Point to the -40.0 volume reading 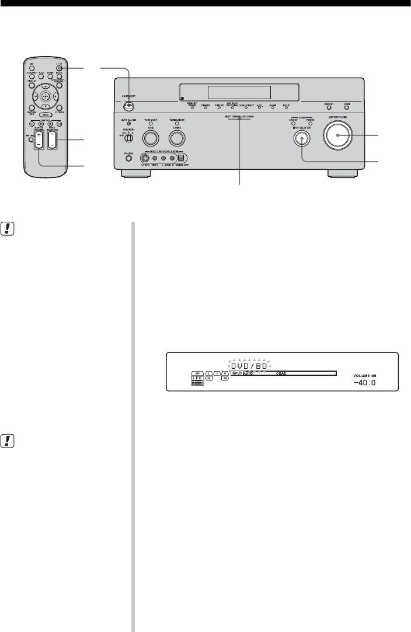pyautogui.click(x=367, y=383)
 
